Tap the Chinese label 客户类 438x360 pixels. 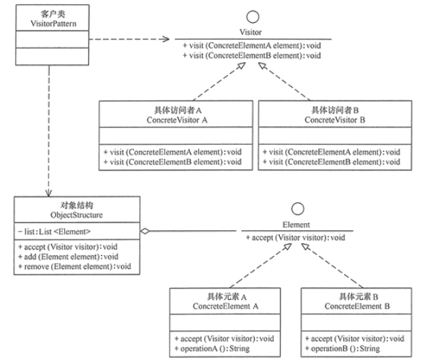(x=46, y=11)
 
